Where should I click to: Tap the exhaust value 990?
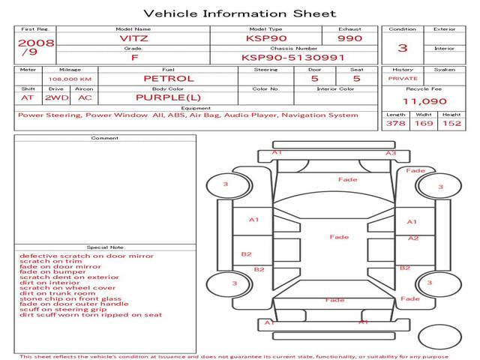[349, 37]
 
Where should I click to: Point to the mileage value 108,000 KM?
[70, 79]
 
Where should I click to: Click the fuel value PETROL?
[168, 78]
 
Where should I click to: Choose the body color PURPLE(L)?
[168, 97]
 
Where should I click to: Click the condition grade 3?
[403, 47]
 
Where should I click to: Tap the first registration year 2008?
[35, 43]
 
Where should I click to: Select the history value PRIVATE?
[403, 78]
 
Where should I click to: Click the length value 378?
[395, 123]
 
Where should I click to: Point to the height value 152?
[451, 123]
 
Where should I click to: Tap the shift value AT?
[28, 97]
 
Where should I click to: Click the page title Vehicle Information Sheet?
[239, 13]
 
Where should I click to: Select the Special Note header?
[105, 247]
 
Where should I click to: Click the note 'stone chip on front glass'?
[70, 298]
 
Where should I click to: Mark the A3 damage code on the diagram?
[391, 153]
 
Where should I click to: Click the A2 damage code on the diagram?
[413, 238]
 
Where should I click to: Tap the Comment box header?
[105, 138]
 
